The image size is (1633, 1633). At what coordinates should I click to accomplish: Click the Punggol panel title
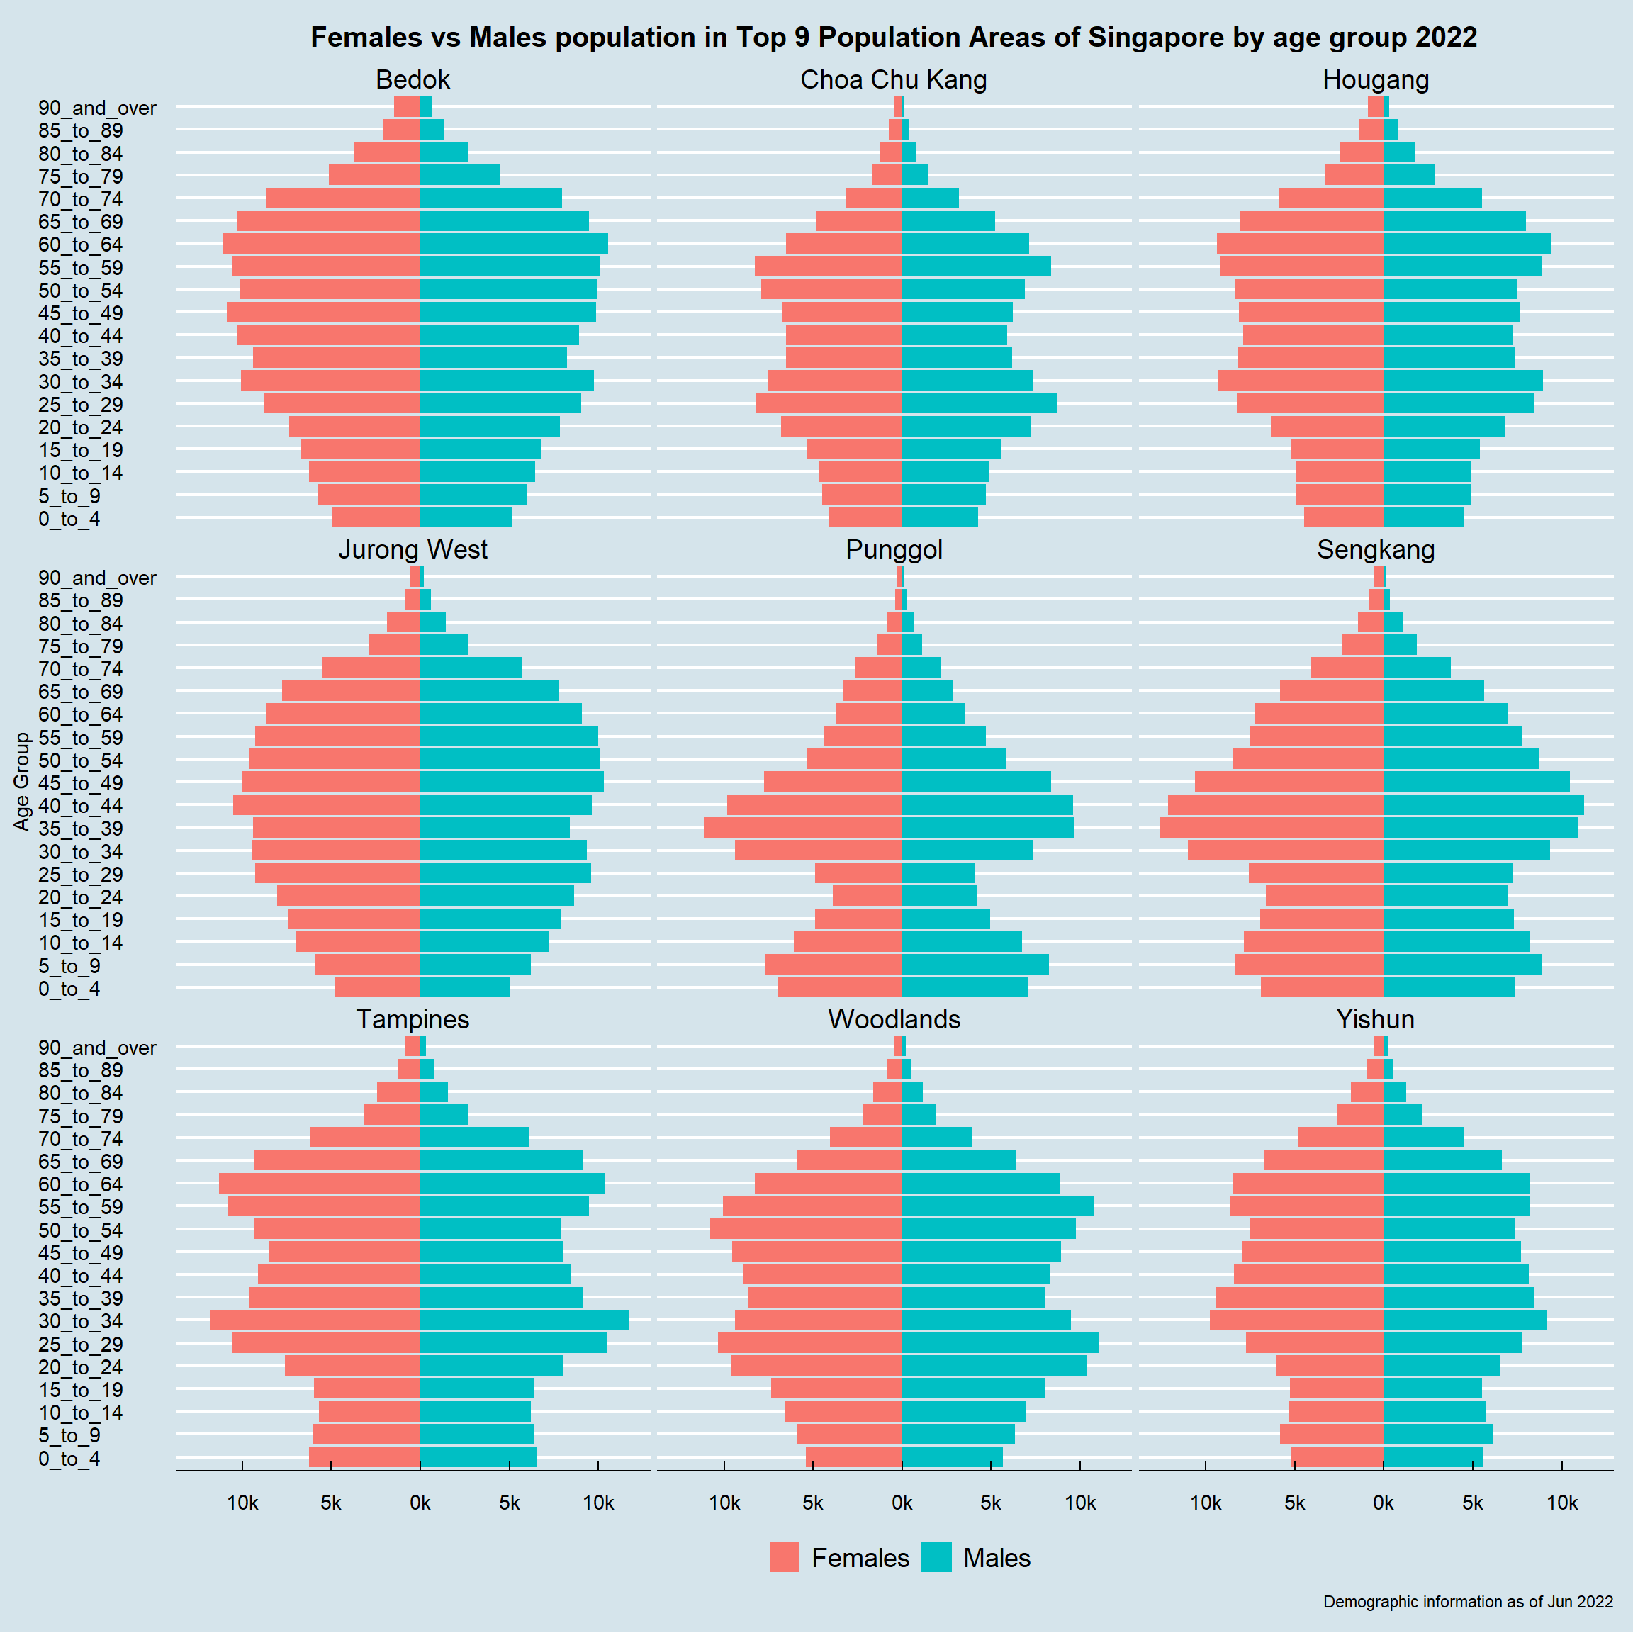pos(894,549)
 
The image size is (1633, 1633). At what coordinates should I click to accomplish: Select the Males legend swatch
pos(936,1557)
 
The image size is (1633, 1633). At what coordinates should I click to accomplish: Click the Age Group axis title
pos(22,781)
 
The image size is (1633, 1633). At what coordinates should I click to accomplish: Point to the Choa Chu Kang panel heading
pos(894,79)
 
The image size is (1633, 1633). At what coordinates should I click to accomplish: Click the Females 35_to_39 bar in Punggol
pos(802,828)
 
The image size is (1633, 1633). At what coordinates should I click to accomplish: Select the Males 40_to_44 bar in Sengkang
pos(1483,804)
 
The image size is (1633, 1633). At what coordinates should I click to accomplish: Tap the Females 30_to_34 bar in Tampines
pos(315,1320)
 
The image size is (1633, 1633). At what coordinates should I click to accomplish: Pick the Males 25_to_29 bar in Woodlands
pos(1000,1343)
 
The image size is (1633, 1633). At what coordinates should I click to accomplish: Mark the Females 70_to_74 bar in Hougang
pos(1331,198)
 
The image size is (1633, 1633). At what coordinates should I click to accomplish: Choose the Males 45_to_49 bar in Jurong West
pos(511,782)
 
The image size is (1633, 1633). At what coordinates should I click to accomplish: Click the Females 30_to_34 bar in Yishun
pos(1296,1320)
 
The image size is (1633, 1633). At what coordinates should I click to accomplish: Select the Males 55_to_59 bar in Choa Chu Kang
pos(976,266)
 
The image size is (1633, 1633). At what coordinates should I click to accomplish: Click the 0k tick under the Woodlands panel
pos(902,1502)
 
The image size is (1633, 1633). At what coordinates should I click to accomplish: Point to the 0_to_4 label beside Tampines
pos(69,1458)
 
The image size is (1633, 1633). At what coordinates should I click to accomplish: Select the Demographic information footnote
pos(1467,1601)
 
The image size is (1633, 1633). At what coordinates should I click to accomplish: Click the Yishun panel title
pos(1375,1019)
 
